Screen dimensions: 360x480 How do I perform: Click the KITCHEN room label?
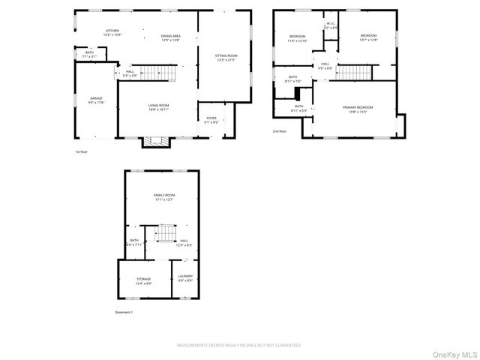point(111,31)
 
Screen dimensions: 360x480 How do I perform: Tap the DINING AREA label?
point(170,36)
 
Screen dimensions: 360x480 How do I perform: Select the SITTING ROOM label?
point(226,56)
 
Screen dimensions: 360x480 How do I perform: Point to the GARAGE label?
point(96,98)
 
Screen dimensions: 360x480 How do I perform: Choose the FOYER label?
point(211,118)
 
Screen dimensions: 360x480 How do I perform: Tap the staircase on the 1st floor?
point(154,73)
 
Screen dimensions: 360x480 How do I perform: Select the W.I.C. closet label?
point(331,24)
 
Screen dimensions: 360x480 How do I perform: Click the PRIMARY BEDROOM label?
point(358,108)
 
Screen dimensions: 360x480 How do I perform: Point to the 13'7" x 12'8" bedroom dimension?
point(367,40)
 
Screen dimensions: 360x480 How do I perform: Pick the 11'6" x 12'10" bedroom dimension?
point(298,40)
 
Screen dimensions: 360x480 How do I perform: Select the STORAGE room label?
point(143,279)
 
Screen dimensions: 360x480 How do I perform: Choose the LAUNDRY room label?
point(185,276)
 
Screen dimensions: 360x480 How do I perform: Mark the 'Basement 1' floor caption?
point(124,312)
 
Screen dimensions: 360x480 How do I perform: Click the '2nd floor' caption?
point(280,130)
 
